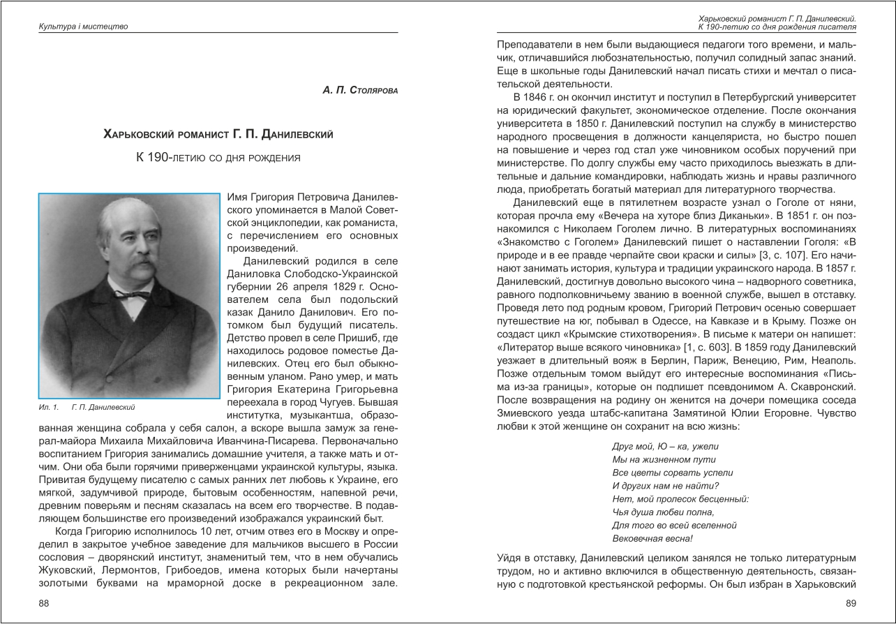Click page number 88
click(x=44, y=603)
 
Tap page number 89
click(x=850, y=603)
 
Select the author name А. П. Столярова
click(x=360, y=91)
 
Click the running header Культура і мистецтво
click(x=83, y=27)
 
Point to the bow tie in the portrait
click(x=132, y=295)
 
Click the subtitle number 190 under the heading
click(x=157, y=158)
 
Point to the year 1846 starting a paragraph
click(x=538, y=96)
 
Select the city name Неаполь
click(x=834, y=360)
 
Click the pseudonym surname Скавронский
click(x=819, y=387)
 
